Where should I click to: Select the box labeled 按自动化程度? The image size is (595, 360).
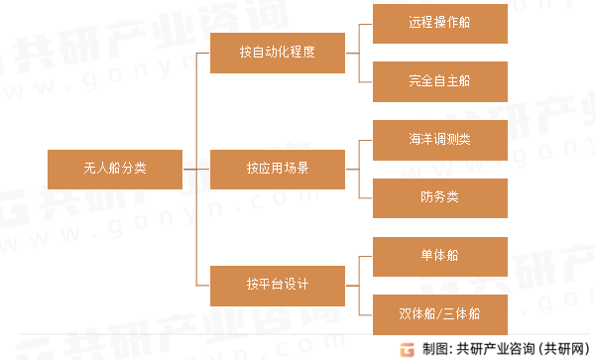(277, 53)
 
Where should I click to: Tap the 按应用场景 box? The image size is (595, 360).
(277, 168)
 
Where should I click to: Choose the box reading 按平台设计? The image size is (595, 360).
(277, 285)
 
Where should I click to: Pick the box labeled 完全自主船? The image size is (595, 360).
(438, 80)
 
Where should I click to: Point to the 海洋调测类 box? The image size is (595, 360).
(438, 139)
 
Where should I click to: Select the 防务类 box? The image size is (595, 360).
(438, 197)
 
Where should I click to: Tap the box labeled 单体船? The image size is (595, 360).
(438, 256)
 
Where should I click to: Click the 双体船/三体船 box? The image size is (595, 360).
(438, 314)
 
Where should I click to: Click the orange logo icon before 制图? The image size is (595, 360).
(407, 348)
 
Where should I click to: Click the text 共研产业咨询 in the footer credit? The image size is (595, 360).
(494, 348)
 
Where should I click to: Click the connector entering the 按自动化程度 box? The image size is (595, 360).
(204, 53)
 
